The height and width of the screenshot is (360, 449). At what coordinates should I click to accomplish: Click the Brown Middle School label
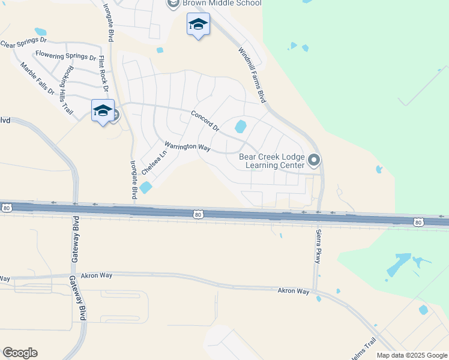(222, 3)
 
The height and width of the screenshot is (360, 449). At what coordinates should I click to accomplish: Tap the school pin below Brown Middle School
(198, 25)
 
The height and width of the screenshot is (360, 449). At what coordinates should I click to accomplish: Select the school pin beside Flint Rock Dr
(103, 110)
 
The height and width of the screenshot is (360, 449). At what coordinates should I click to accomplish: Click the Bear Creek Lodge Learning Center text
(272, 161)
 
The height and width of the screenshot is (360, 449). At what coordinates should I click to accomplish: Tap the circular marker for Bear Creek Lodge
(314, 160)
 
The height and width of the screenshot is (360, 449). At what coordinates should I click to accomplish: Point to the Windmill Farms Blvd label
(252, 75)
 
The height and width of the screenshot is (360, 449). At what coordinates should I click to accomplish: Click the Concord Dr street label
(205, 121)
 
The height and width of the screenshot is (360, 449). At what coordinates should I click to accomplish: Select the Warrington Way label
(187, 146)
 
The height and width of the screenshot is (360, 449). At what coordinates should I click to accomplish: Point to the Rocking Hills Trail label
(63, 89)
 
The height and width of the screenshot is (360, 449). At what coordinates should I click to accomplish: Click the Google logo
(20, 353)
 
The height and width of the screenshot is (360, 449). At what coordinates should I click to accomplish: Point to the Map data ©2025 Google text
(411, 355)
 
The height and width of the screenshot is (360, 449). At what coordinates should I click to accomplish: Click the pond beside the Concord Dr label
(241, 127)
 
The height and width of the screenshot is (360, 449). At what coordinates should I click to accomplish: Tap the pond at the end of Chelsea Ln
(146, 188)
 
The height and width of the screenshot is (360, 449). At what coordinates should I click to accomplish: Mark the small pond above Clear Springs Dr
(40, 31)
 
